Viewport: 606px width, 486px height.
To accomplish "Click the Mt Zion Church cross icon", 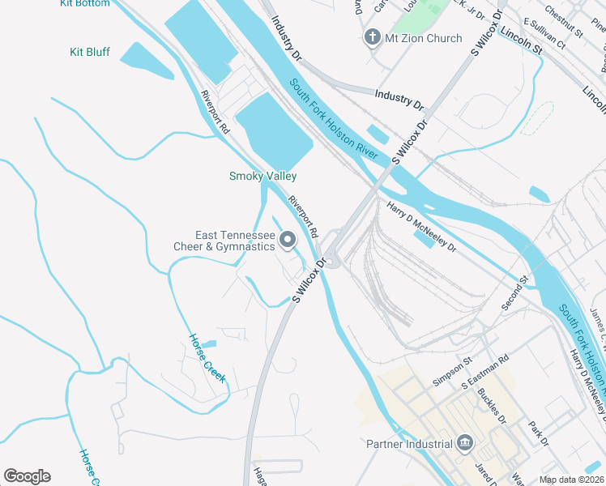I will (372, 37).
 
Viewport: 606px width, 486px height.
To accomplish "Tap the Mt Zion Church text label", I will (423, 38).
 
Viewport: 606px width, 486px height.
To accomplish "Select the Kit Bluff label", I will (89, 53).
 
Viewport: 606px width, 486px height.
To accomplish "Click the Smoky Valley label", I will (262, 176).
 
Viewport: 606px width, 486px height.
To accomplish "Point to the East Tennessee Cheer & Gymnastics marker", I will (287, 240).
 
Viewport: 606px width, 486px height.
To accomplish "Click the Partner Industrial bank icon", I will (465, 443).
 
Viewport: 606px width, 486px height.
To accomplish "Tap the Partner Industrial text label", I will (409, 444).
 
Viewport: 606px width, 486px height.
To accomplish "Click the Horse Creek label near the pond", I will (207, 358).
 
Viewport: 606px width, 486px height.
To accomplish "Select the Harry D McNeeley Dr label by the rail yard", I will (421, 226).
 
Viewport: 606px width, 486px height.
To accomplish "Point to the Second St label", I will (514, 292).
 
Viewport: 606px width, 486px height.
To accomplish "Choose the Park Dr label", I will (539, 432).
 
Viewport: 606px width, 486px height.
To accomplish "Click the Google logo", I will (27, 476).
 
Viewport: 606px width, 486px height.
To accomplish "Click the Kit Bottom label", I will (84, 4).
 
